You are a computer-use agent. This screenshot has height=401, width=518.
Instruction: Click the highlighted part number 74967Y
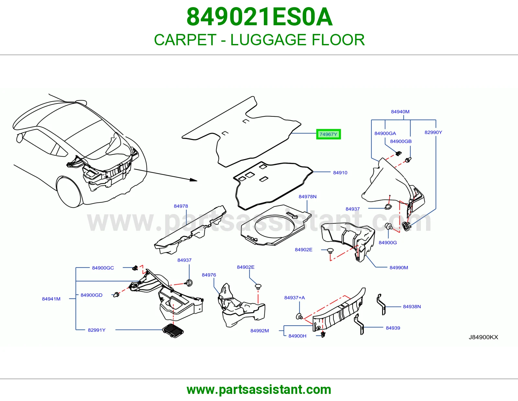[328, 134]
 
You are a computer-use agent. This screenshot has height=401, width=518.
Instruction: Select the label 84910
[340, 173]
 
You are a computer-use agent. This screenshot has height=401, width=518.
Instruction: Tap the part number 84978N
[308, 196]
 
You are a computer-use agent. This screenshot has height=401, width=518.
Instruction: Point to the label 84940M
[400, 112]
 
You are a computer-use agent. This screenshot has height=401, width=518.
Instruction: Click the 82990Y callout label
[434, 132]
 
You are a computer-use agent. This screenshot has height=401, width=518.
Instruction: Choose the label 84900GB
[401, 141]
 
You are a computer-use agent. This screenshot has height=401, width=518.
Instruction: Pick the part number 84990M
[399, 267]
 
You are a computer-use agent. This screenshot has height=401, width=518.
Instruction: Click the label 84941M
[51, 299]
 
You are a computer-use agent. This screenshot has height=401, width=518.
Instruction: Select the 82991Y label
[96, 330]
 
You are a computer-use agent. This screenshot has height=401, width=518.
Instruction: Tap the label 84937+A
[294, 298]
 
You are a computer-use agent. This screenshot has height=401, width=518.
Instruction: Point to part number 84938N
[412, 307]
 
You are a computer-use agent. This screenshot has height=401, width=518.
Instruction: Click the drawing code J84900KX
[483, 337]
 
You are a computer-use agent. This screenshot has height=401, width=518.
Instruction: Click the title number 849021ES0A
[259, 17]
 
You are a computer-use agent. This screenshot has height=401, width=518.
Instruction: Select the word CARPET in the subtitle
[185, 40]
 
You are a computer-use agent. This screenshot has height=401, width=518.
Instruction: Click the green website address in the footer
[259, 390]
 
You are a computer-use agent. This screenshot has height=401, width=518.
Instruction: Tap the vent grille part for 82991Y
[173, 331]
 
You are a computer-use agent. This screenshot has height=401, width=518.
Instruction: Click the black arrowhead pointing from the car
[194, 180]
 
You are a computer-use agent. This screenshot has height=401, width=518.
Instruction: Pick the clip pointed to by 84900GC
[135, 268]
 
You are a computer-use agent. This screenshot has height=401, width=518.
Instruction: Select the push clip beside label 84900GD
[116, 295]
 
